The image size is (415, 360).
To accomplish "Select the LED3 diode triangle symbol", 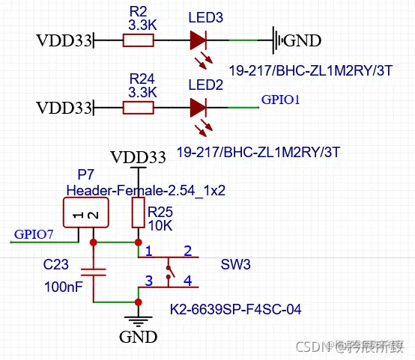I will pos(199,40).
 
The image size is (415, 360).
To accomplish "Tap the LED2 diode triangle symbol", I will pos(199,109).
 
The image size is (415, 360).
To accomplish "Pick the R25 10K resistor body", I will pos(138,212).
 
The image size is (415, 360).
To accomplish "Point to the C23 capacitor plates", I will pos(94,272).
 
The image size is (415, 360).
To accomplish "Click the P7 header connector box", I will pos(83,215).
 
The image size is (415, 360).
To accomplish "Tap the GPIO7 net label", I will pos(34,234).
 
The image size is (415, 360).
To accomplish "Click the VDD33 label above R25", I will pos(138,157).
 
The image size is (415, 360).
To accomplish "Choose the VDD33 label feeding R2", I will pos(63,40).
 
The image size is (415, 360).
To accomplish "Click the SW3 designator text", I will pos(234,265).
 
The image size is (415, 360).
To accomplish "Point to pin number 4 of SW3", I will pos(187,281).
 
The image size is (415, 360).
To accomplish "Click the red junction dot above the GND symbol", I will pos(138,302).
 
